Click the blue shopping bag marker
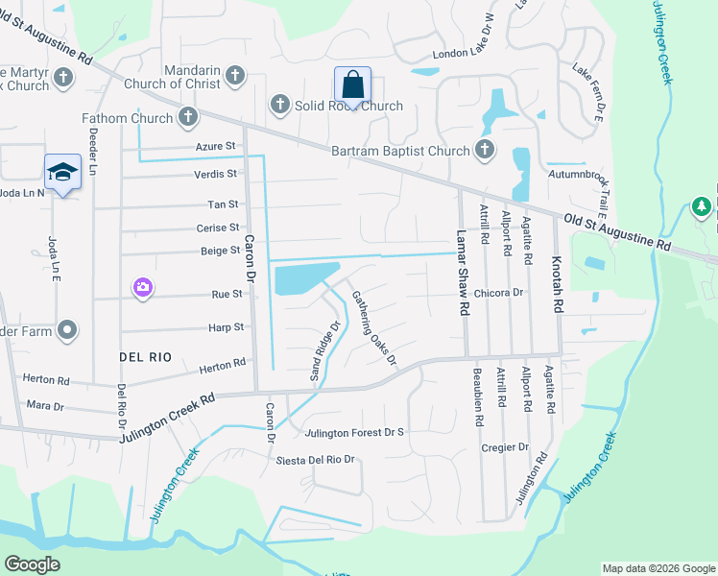(x=352, y=84)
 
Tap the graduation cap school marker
(x=61, y=172)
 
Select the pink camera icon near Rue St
(x=143, y=287)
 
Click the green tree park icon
(x=702, y=207)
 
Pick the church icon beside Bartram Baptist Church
(x=485, y=150)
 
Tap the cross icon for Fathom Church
(x=188, y=119)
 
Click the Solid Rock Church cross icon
(x=279, y=105)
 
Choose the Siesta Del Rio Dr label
(x=316, y=460)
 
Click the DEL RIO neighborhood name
(x=145, y=356)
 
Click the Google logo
(x=32, y=564)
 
